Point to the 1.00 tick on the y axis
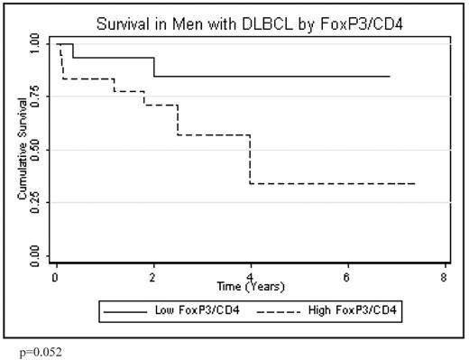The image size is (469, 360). [34, 42]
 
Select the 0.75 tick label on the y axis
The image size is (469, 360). [34, 96]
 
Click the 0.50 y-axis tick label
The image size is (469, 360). [34, 149]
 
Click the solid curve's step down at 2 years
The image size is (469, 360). [153, 68]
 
